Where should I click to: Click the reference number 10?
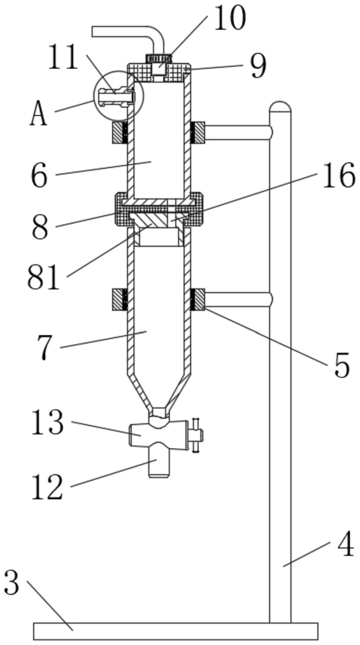click(x=229, y=19)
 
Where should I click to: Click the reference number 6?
click(x=40, y=176)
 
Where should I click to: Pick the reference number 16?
click(x=339, y=175)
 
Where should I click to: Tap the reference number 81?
click(x=43, y=278)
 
